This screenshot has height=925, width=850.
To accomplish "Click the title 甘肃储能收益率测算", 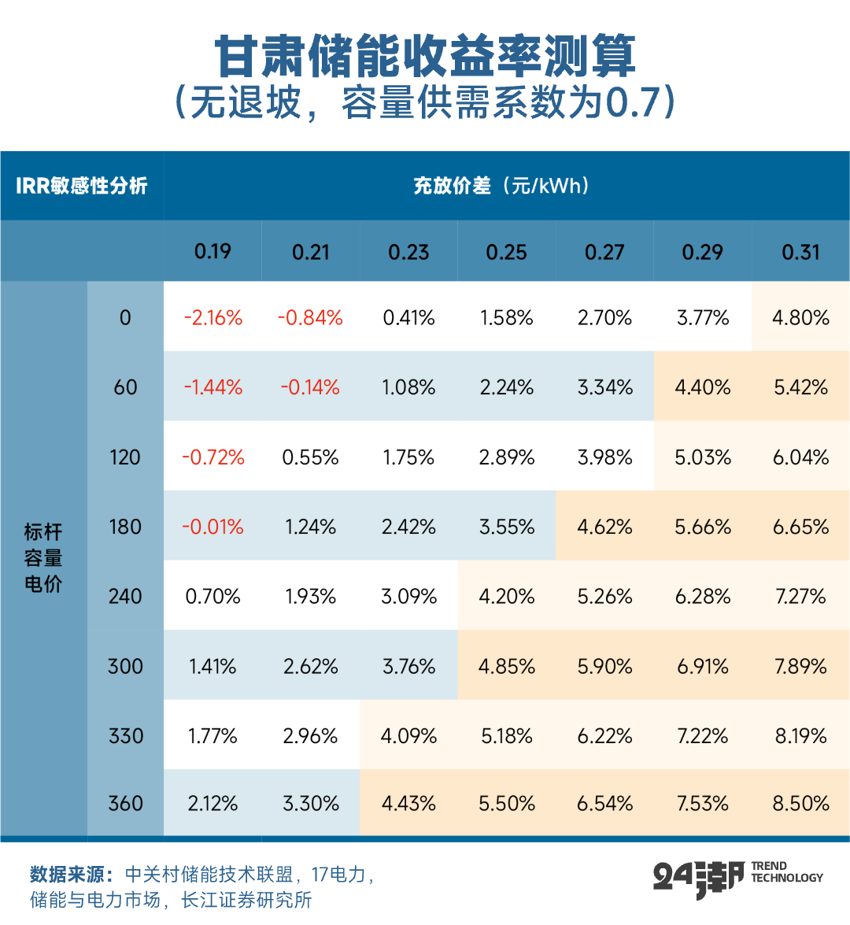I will (x=425, y=57).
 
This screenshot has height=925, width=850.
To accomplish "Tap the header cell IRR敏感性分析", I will (x=82, y=186).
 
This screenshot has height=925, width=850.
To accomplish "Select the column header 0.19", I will (x=213, y=252).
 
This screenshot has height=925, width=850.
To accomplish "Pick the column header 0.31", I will (x=800, y=252).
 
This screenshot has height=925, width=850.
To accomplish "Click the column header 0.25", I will (x=507, y=252).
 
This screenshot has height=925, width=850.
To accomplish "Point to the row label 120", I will (x=125, y=457).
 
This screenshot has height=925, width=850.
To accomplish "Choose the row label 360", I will (x=125, y=804).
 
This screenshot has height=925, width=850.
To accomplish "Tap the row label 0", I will (x=125, y=318).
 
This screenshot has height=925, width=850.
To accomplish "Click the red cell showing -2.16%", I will (x=213, y=318).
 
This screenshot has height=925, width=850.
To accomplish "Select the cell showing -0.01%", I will (x=213, y=527).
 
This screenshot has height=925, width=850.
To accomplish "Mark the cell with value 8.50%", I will (x=800, y=804).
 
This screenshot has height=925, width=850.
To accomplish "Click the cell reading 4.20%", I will (x=507, y=597).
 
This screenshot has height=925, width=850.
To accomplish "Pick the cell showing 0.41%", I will (x=408, y=318).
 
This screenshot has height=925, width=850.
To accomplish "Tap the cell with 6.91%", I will (x=703, y=667).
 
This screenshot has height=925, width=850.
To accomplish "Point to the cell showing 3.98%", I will (x=604, y=457).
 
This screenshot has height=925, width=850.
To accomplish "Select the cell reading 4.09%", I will (x=408, y=736).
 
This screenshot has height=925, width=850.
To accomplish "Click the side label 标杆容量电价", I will (x=43, y=558).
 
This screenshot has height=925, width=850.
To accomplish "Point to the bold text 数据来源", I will (x=72, y=875).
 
